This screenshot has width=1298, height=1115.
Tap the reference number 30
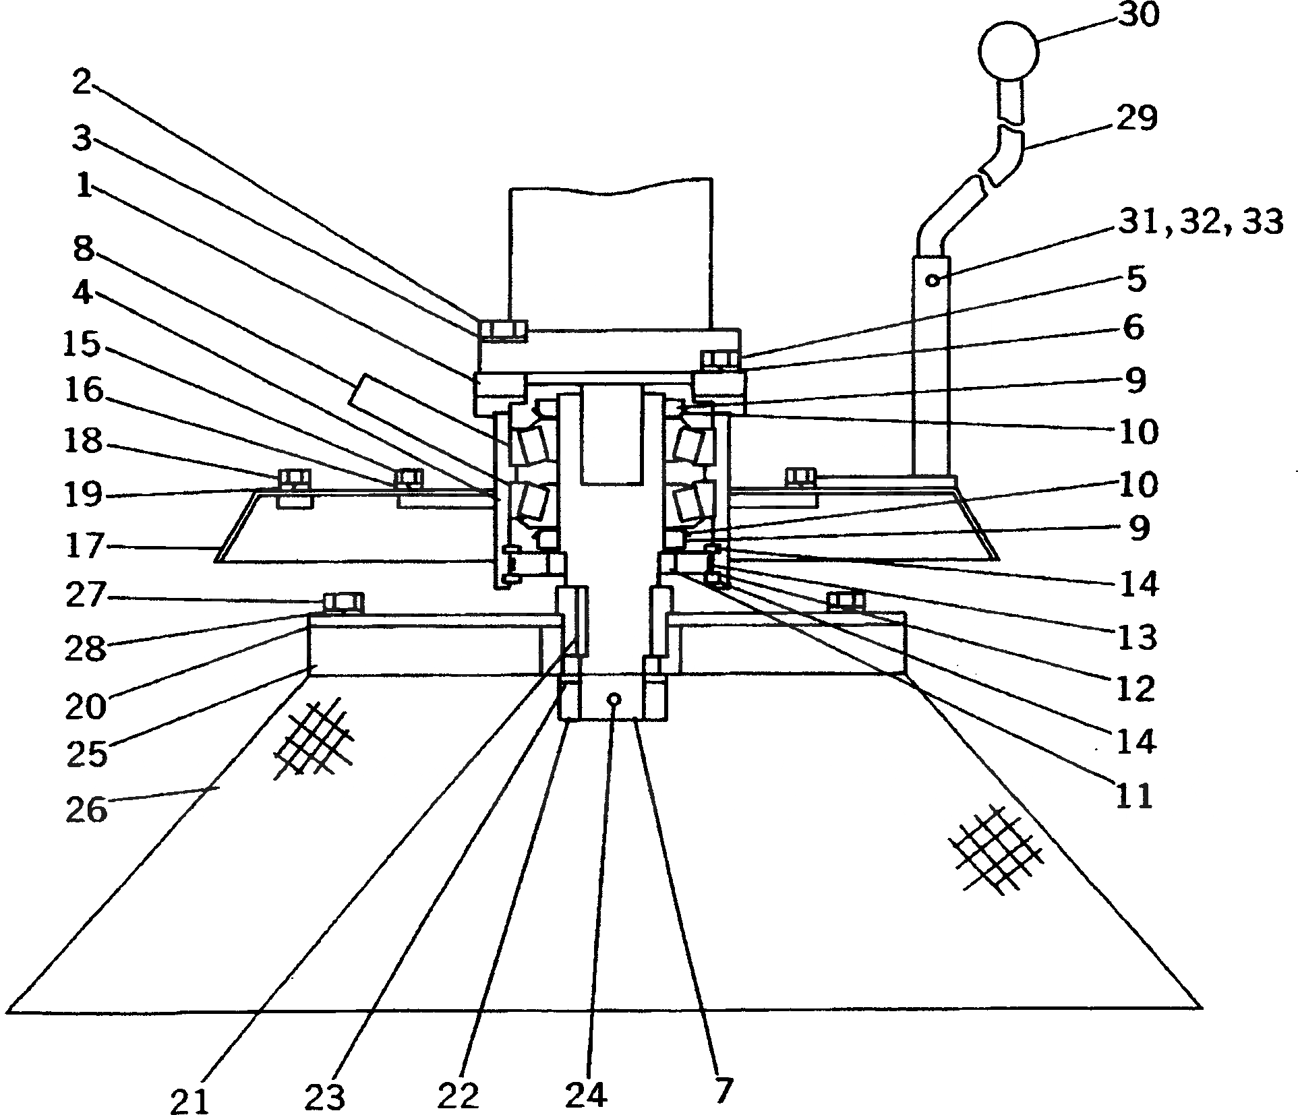1138,14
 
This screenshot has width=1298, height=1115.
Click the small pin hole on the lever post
933,279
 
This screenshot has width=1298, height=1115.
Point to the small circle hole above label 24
614,699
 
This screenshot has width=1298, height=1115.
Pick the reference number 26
86,808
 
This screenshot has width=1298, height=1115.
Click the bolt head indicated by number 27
344,601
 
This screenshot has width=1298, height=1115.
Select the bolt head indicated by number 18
294,478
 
